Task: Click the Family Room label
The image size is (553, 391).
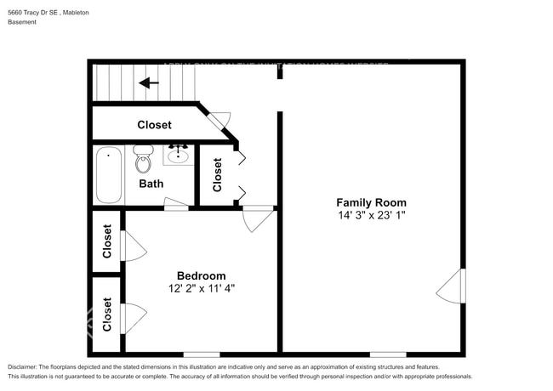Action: (371, 202)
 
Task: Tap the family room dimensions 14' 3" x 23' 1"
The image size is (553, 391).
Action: (371, 216)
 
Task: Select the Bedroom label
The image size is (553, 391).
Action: (201, 275)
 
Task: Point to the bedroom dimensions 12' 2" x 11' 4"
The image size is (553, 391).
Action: (201, 288)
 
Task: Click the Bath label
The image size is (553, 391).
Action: (151, 184)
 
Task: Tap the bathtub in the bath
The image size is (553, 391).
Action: (108, 175)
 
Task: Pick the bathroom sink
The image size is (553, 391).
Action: (179, 155)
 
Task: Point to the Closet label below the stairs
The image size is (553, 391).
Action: (154, 125)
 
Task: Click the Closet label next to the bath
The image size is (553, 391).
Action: (218, 175)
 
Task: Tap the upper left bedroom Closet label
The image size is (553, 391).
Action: (107, 241)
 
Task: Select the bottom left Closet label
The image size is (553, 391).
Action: (107, 314)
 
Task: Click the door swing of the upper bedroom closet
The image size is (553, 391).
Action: (134, 246)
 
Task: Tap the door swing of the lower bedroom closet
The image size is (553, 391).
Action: (134, 319)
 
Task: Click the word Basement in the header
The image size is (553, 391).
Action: (23, 22)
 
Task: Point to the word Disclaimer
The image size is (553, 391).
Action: (26, 366)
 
